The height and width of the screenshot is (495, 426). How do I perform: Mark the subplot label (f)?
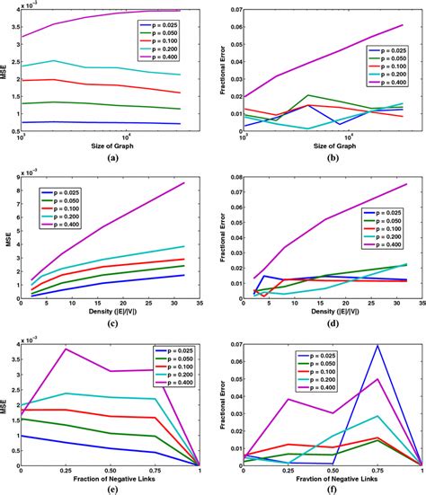pos(325,487)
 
